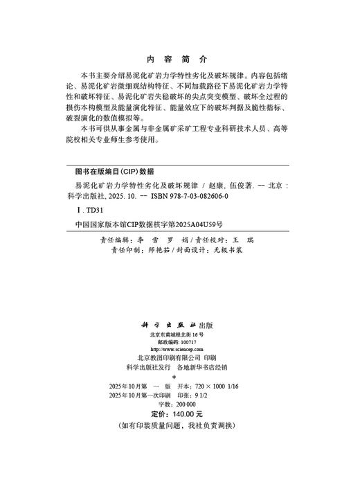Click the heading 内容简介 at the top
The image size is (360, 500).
(x=179, y=59)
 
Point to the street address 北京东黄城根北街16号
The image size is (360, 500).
(x=179, y=334)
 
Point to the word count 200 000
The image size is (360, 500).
(x=188, y=404)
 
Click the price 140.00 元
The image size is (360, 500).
(x=192, y=413)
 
